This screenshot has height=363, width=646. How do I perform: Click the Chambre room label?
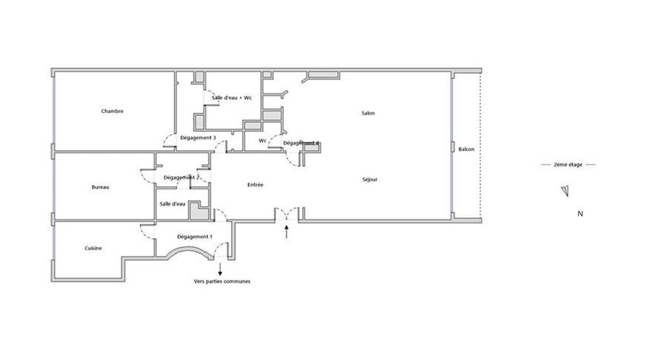point(112,111)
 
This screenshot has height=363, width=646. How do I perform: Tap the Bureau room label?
point(100,187)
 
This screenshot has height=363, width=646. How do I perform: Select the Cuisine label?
point(93,249)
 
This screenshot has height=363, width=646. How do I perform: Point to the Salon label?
point(368,113)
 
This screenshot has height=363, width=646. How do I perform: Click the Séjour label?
point(370,179)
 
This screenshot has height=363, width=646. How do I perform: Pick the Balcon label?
point(466,149)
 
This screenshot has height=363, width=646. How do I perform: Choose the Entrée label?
point(255,185)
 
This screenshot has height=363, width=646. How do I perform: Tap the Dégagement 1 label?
point(195,237)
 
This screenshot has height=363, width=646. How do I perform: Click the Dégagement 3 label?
point(198,138)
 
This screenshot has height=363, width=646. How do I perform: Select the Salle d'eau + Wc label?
point(232,98)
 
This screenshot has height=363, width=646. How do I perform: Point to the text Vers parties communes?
point(222,281)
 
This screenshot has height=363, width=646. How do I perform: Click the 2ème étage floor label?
point(568,165)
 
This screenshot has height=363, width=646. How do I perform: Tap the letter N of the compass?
point(580,214)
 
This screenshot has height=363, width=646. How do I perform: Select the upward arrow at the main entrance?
point(286,232)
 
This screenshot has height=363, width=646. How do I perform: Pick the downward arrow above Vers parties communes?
point(220,269)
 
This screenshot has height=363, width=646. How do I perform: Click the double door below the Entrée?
point(286,214)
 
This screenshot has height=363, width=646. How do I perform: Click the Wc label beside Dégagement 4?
point(262,141)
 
